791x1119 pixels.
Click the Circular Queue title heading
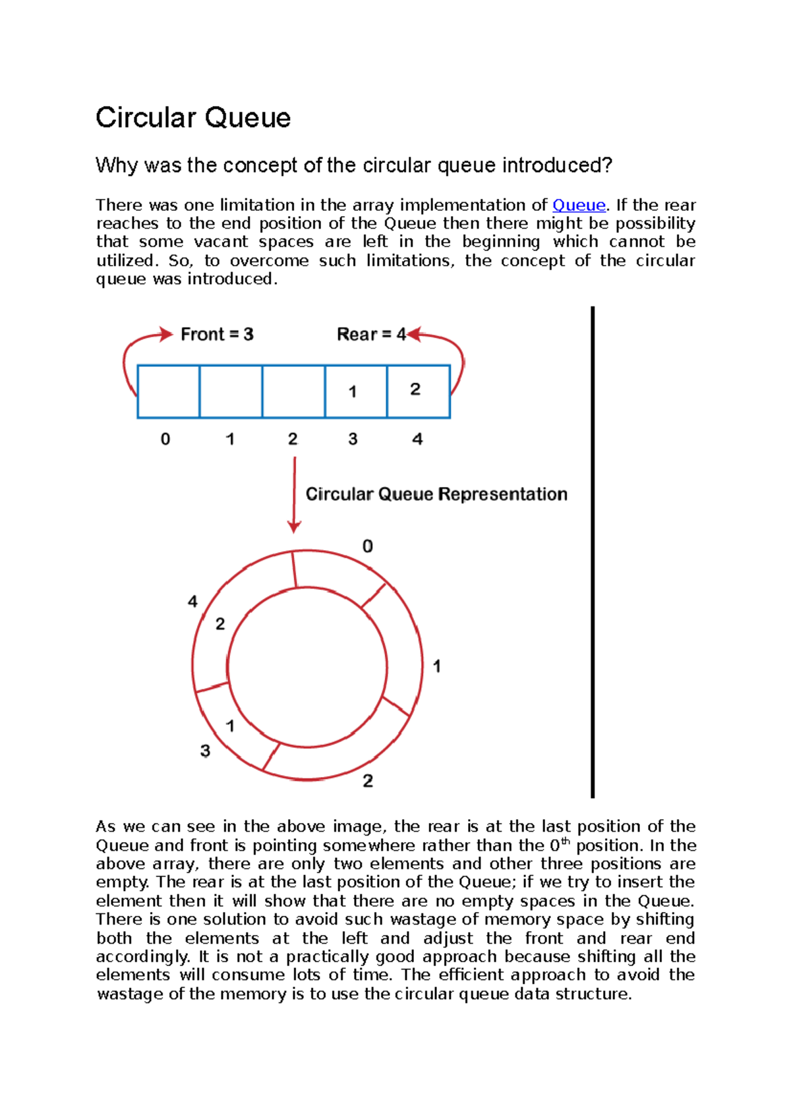(192, 118)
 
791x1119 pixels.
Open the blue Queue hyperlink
(578, 205)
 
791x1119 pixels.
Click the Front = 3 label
(217, 335)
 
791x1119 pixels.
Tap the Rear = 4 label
(371, 335)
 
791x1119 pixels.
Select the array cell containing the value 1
(355, 391)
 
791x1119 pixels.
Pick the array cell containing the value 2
(418, 391)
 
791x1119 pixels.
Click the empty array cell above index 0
(168, 391)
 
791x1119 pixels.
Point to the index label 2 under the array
(293, 439)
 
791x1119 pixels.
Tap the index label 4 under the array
(417, 439)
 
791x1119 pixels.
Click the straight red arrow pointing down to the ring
(294, 494)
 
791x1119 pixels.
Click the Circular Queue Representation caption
(436, 494)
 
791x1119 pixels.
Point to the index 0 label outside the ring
(368, 546)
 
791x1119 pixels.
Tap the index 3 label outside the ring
(205, 751)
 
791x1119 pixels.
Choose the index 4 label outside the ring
(192, 601)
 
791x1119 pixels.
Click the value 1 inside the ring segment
(230, 726)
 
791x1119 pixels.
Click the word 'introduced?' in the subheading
(558, 165)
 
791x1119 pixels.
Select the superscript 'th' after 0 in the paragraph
(565, 841)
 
